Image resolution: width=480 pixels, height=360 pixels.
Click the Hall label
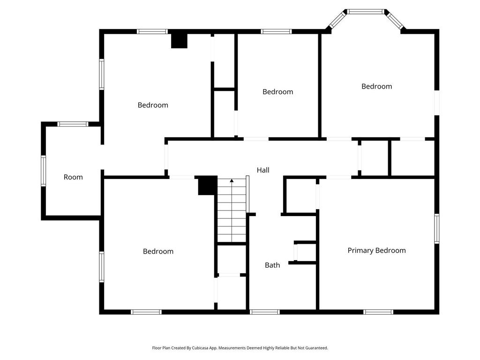click(263, 170)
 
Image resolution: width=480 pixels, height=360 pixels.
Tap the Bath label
click(272, 265)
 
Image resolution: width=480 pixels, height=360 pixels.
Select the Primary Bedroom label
click(376, 250)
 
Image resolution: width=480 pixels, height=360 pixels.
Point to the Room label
click(73, 177)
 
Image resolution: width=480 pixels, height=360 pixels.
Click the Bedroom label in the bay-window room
click(376, 86)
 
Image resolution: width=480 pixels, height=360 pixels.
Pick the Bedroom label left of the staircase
click(158, 251)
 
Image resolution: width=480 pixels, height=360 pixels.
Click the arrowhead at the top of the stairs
click(232, 180)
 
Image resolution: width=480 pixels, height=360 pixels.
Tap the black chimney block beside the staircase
click(207, 186)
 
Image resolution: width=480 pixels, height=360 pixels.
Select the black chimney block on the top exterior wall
click(179, 40)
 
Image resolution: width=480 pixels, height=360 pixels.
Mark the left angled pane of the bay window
click(337, 20)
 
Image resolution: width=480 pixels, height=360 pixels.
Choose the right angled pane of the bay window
click(395, 20)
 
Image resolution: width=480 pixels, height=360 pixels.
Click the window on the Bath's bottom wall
click(265, 312)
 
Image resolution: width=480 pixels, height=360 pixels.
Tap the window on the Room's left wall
click(44, 171)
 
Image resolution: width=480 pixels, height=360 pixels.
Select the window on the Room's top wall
click(73, 124)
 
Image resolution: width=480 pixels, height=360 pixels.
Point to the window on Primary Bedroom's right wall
click(436, 228)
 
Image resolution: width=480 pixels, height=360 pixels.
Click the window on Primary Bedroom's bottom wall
click(378, 312)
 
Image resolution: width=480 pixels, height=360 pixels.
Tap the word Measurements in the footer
click(232, 348)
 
